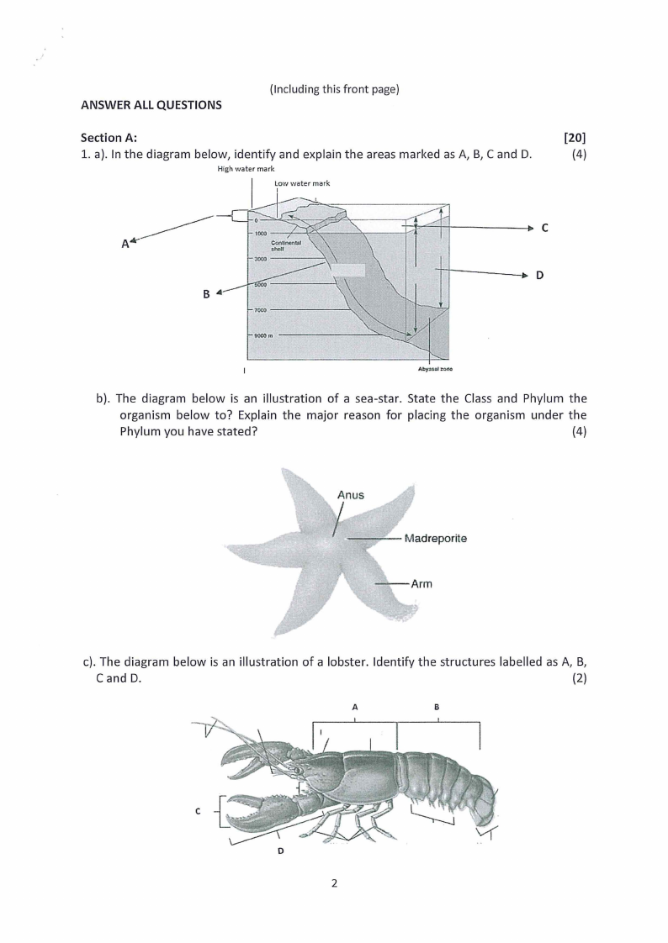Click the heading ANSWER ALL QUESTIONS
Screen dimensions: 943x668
point(151,105)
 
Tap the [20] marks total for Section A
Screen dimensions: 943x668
point(575,138)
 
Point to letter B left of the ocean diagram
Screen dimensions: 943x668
point(205,294)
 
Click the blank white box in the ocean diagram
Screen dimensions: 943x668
point(347,271)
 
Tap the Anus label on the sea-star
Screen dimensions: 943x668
point(350,495)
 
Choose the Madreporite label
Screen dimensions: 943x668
point(435,538)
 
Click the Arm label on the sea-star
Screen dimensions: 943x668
point(421,583)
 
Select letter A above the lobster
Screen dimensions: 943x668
point(355,707)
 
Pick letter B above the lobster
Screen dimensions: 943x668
point(437,707)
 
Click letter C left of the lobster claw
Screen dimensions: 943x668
point(197,811)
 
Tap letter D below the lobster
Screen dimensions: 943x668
point(280,851)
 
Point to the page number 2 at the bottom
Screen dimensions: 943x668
point(334,882)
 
